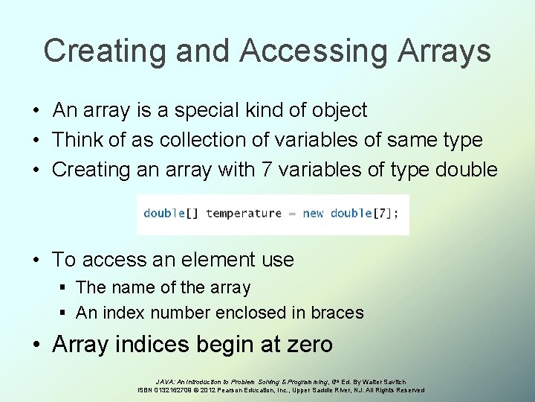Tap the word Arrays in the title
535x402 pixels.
[x=444, y=51]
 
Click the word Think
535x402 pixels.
[x=80, y=140]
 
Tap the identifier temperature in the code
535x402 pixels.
[x=244, y=214]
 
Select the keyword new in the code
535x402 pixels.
[x=313, y=214]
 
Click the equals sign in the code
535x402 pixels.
[x=292, y=214]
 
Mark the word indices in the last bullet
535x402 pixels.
[x=159, y=345]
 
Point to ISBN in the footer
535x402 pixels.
[x=148, y=390]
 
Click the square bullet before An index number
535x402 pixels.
[x=65, y=313]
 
